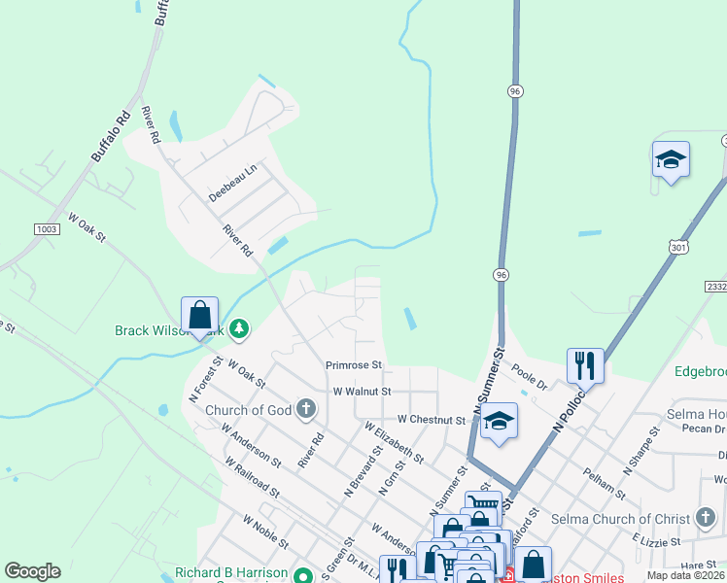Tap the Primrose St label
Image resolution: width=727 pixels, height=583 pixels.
(355, 365)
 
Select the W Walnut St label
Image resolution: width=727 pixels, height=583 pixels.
(362, 391)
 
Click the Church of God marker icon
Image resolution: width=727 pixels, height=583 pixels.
(306, 408)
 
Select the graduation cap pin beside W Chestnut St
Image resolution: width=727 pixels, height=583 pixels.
(499, 421)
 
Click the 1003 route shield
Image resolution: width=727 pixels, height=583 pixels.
(46, 228)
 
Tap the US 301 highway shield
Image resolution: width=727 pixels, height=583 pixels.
(678, 247)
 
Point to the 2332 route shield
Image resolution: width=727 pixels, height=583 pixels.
(715, 289)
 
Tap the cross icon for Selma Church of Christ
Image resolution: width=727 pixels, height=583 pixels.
(706, 519)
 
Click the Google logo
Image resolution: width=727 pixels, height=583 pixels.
(32, 571)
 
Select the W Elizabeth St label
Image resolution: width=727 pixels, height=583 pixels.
(394, 440)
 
